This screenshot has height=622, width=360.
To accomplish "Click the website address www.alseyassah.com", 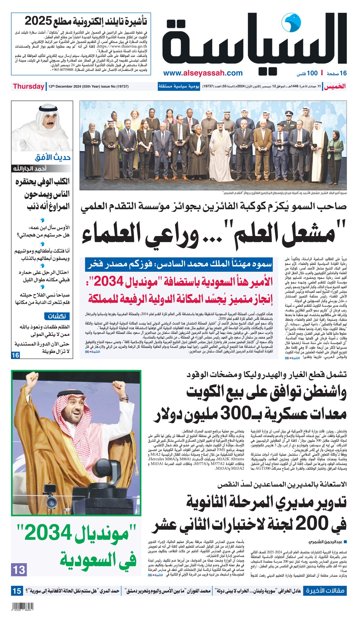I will coord(203,73).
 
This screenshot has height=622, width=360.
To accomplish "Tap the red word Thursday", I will coord(28,86).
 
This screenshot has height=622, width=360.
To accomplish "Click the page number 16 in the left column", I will coord(15,355).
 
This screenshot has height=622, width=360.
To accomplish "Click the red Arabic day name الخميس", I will coord(335,86).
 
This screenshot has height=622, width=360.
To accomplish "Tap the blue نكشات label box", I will coord(57,316).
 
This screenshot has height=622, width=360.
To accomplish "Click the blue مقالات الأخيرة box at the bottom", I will coord(325,591).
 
